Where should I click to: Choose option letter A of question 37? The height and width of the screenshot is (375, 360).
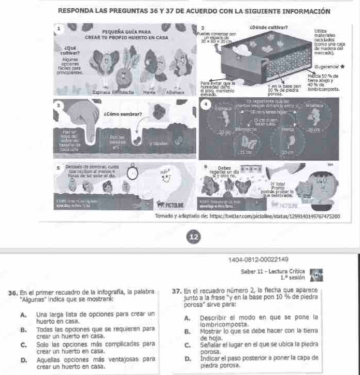coord(186,316)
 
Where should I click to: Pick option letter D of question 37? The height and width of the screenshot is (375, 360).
coord(186,358)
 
